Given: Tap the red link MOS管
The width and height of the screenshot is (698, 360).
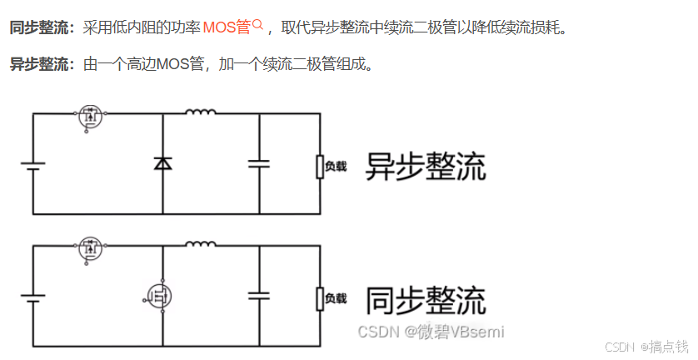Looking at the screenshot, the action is [226, 27].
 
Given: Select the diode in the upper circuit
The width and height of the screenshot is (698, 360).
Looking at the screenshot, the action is [162, 163].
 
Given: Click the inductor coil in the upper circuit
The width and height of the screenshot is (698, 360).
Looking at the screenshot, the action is [199, 112].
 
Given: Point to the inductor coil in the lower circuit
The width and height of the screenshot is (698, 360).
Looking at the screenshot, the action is [199, 244].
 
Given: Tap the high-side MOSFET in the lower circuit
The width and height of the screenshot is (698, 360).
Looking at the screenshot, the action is [90, 248].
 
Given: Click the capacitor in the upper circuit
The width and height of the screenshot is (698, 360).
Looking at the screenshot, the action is [259, 163].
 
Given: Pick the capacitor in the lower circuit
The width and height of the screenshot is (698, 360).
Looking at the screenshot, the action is [259, 295].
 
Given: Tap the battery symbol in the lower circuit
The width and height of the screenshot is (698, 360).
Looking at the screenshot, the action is [32, 297].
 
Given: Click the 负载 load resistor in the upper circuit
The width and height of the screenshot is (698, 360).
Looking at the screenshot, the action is [319, 166].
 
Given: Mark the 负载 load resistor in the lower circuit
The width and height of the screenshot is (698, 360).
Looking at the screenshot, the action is [319, 297].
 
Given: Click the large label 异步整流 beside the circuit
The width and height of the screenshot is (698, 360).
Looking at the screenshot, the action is [426, 167].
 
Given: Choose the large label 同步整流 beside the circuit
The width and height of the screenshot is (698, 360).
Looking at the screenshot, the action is [426, 300].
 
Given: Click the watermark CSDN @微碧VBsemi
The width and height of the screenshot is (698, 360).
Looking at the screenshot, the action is [431, 332].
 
